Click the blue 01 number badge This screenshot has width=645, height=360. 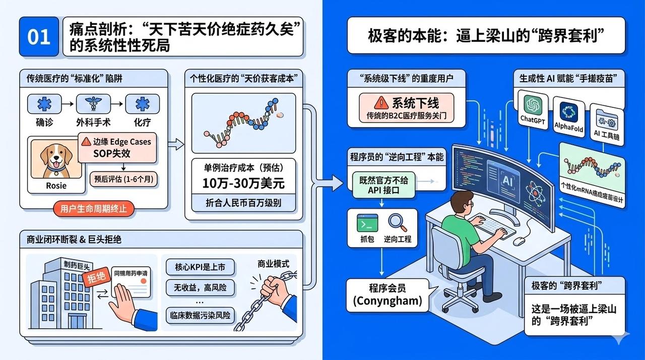click(39, 37)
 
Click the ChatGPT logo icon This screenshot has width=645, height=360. click(532, 105)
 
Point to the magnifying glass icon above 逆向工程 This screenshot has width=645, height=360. click(397, 222)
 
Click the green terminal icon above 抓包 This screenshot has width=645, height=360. click(367, 222)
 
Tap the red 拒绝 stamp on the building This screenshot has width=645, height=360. click(95, 279)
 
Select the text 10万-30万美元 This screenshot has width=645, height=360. click(243, 183)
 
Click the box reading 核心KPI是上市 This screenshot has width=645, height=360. click(200, 266)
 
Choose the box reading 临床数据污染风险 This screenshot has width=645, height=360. click(200, 315)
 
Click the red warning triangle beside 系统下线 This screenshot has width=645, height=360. click(382, 103)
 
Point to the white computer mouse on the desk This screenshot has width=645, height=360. click(519, 241)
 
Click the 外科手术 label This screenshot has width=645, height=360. click(93, 122)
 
